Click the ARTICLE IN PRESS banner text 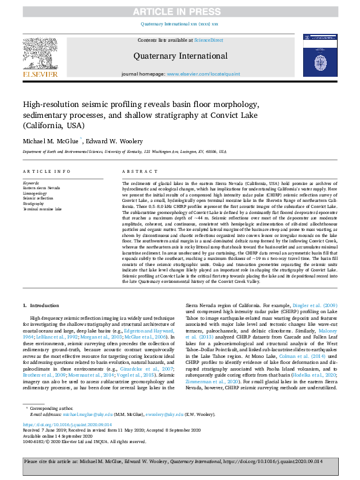[179, 12]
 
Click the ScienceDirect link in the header [209, 40]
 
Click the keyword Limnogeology [36, 193]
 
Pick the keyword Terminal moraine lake [42, 209]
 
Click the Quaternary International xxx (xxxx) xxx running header [179, 24]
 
